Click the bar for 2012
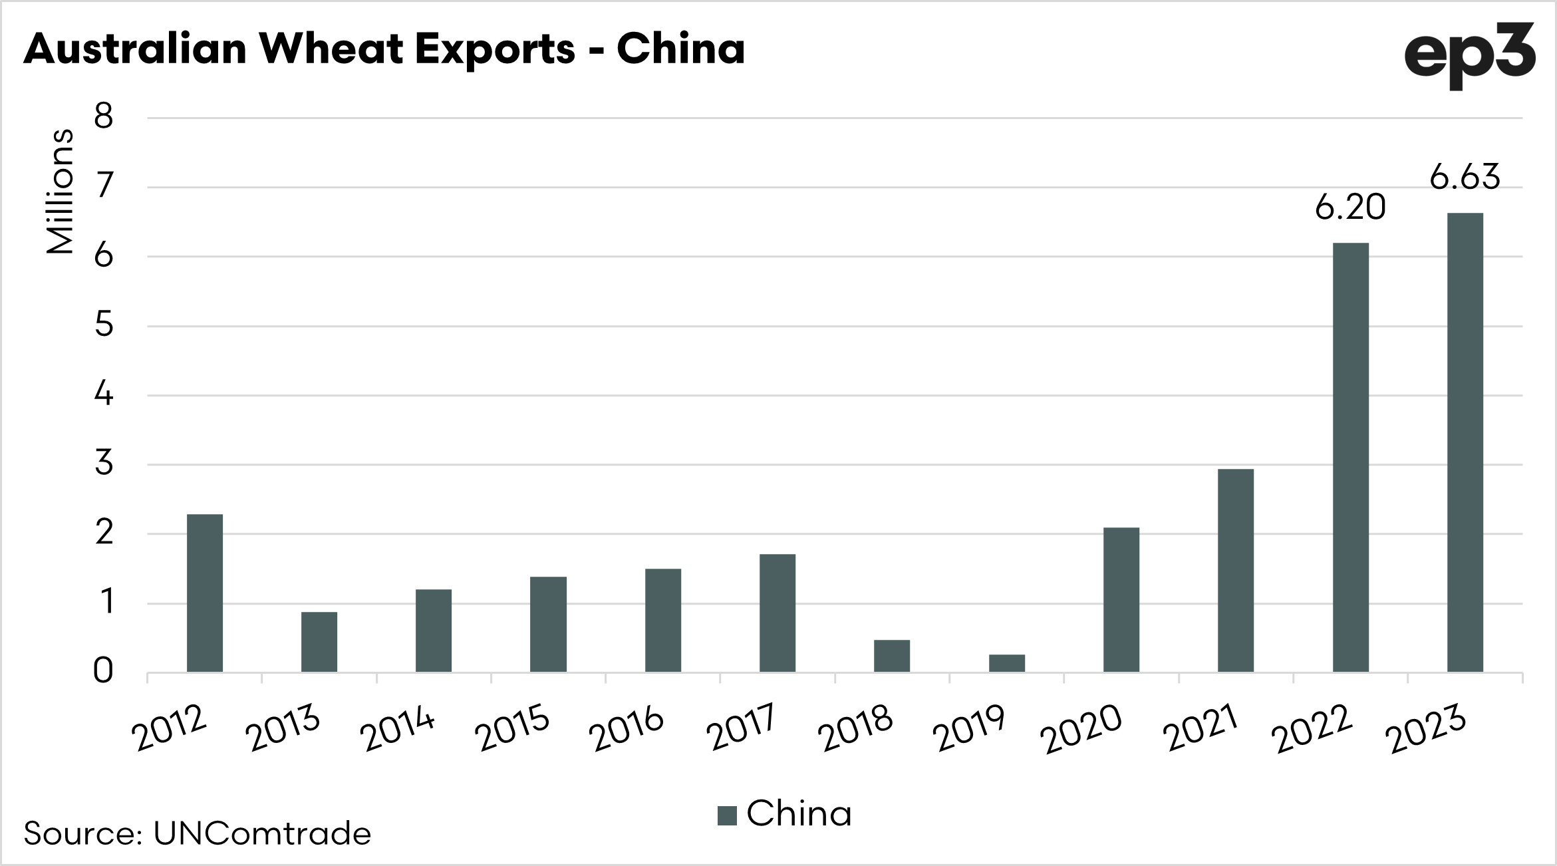[204, 593]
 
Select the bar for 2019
[1006, 663]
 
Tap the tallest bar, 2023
[1465, 442]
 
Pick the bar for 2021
[1235, 570]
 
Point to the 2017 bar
[777, 613]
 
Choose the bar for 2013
[319, 641]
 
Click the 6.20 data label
[1350, 208]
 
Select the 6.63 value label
[1465, 178]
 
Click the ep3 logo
[1469, 56]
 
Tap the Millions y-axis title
[60, 192]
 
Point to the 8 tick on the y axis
[104, 118]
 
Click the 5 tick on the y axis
[104, 326]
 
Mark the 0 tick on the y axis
[104, 672]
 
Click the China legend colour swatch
[727, 815]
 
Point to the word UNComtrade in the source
[262, 833]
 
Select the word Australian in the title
[134, 49]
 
